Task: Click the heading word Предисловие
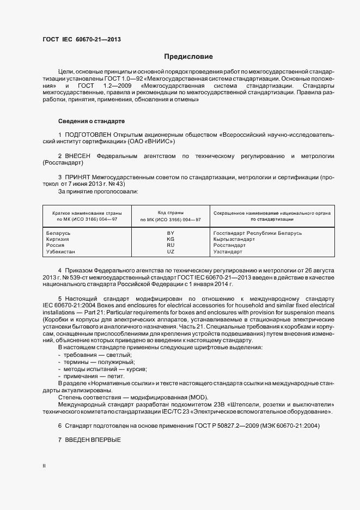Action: [188, 57]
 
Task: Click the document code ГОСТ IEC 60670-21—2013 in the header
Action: [82, 40]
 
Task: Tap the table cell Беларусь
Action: [59, 233]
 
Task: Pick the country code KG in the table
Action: [170, 239]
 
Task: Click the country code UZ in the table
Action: [170, 252]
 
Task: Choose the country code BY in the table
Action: [170, 233]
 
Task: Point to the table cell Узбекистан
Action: [61, 252]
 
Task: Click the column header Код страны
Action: [170, 212]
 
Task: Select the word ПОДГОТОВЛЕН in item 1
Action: [88, 134]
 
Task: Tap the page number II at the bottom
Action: [44, 466]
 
